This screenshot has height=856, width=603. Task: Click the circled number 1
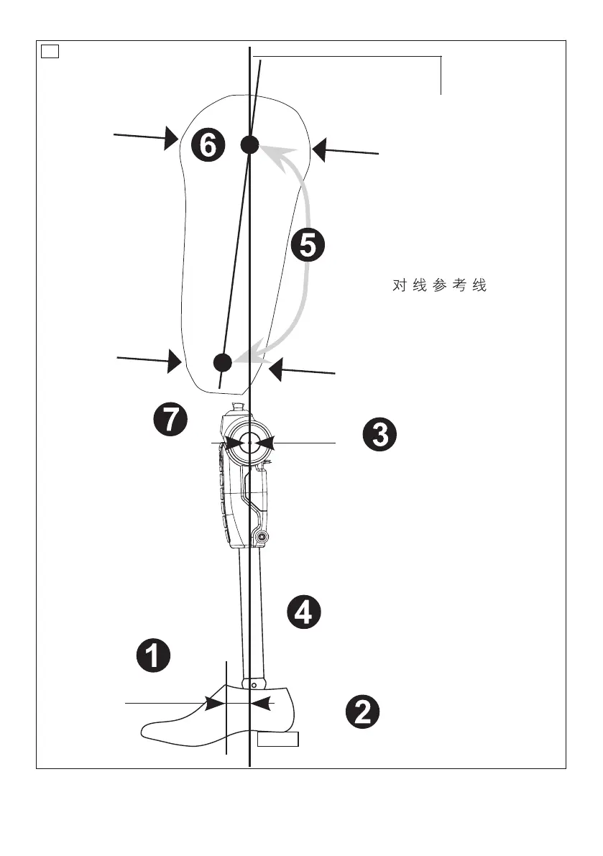154,655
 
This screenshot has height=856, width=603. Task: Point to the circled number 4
304,612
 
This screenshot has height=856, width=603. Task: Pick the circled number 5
308,246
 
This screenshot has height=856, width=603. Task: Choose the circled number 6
207,146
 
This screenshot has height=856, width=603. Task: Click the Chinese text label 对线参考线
440,286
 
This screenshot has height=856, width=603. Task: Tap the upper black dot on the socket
249,144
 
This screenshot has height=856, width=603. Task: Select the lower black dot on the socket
223,362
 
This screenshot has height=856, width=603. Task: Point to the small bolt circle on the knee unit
262,537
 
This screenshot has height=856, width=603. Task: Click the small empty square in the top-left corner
49,50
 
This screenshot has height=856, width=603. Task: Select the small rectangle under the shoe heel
278,740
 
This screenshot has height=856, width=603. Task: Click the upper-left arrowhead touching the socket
172,137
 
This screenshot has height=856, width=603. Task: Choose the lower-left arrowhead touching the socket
174,360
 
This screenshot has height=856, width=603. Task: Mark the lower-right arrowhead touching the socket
275,369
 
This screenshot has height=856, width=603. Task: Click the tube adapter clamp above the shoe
254,682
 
